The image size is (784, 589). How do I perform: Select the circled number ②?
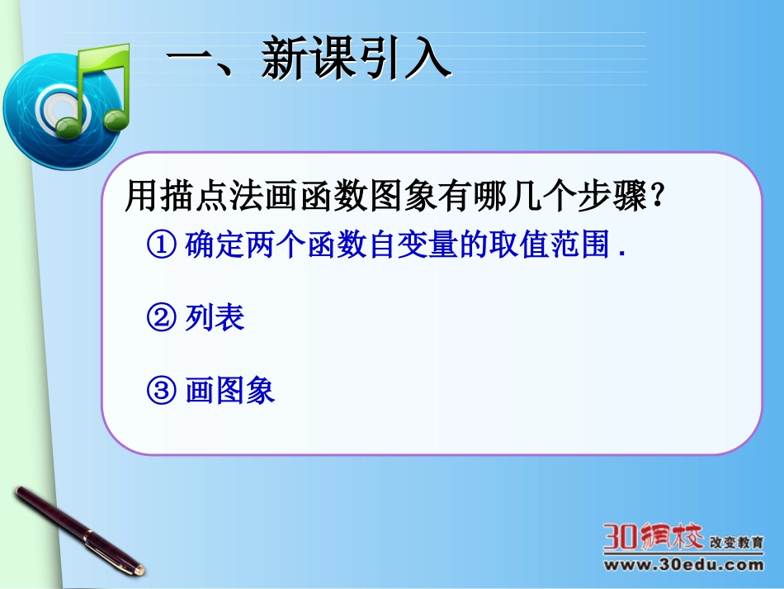click(x=162, y=318)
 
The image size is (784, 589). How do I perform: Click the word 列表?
click(x=215, y=318)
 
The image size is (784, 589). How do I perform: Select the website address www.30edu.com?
click(x=683, y=566)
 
